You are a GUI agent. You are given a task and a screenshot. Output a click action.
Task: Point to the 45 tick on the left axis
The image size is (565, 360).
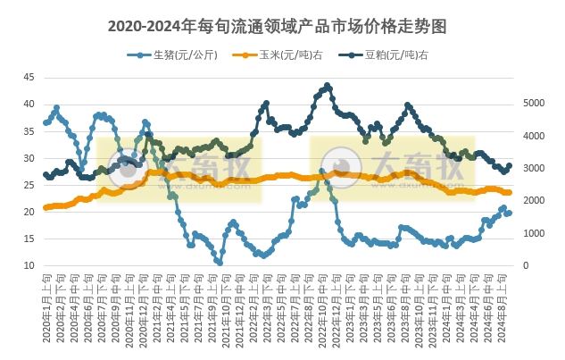(29, 77)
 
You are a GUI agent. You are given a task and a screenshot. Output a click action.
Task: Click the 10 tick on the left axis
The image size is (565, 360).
(29, 266)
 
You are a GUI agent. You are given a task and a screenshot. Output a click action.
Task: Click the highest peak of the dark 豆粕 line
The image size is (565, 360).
(328, 86)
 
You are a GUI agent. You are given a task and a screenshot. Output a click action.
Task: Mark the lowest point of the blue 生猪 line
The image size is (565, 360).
(220, 263)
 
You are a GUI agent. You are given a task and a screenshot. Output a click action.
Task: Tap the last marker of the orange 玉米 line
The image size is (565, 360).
(509, 192)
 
